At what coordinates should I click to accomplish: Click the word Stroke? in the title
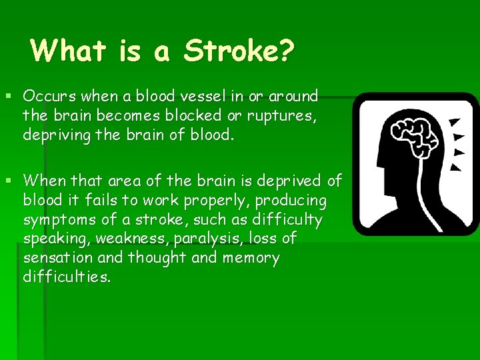point(239,51)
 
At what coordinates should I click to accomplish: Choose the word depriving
point(55,135)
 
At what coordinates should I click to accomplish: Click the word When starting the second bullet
point(44,181)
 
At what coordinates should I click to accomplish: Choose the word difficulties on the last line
point(67,277)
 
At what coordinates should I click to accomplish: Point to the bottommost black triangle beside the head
point(456,166)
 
